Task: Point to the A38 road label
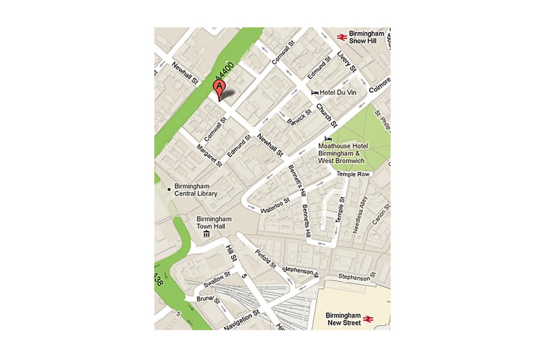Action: [x=158, y=279]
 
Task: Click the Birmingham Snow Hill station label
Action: [x=366, y=37]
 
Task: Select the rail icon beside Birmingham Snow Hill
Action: [x=342, y=37]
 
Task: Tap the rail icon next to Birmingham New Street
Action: [x=368, y=319]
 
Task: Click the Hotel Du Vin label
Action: [x=338, y=92]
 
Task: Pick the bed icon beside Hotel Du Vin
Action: [x=315, y=92]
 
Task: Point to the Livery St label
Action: [x=347, y=61]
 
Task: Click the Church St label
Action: [x=327, y=115]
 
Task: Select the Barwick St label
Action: [x=299, y=117]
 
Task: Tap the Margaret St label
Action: [x=209, y=155]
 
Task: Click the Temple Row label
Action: [x=353, y=174]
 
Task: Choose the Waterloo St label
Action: [x=275, y=206]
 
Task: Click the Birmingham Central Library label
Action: [x=196, y=190]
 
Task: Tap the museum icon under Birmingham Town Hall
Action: [x=207, y=234]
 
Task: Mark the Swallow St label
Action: [x=217, y=279]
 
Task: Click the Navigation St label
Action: [x=242, y=320]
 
